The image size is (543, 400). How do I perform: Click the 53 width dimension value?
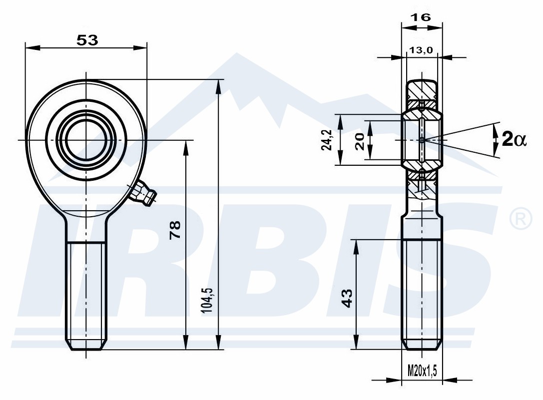[x=87, y=40]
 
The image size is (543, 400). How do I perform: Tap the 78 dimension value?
[x=175, y=230]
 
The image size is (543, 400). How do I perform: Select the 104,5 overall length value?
[x=207, y=300]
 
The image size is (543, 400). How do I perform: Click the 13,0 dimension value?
[x=421, y=50]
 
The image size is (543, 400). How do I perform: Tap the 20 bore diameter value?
[x=360, y=141]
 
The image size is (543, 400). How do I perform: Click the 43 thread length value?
[x=347, y=298]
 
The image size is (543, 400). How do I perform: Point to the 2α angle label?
[x=514, y=140]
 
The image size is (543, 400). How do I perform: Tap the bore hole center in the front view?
[x=85, y=140]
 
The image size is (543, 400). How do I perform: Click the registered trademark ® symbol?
[x=521, y=219]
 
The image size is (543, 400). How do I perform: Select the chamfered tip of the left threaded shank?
[x=85, y=345]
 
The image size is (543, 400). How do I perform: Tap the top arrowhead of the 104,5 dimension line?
[x=218, y=86]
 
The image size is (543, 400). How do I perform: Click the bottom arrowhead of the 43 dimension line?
[x=356, y=342]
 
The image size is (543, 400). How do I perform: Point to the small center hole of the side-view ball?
[x=422, y=140]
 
